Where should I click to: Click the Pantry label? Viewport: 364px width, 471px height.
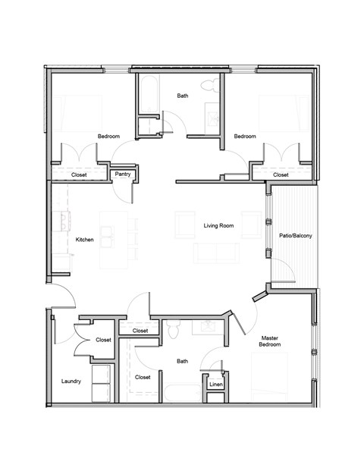click(x=121, y=174)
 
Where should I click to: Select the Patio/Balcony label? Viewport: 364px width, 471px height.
click(x=295, y=236)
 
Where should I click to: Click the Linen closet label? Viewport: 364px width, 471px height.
click(x=215, y=385)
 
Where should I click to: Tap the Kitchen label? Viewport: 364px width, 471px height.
click(x=85, y=240)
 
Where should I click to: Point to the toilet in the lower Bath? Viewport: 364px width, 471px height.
click(x=174, y=331)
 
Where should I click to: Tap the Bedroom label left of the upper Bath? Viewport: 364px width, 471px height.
click(x=108, y=137)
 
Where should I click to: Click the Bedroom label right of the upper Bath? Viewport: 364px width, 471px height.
click(x=244, y=137)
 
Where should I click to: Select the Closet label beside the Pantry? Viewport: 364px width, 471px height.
click(x=79, y=174)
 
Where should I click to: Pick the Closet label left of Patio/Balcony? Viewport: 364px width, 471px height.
click(x=281, y=174)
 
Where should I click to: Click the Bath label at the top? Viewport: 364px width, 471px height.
click(x=183, y=96)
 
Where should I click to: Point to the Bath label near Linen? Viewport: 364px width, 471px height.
click(x=182, y=362)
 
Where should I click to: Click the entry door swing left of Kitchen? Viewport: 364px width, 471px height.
click(x=62, y=296)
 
